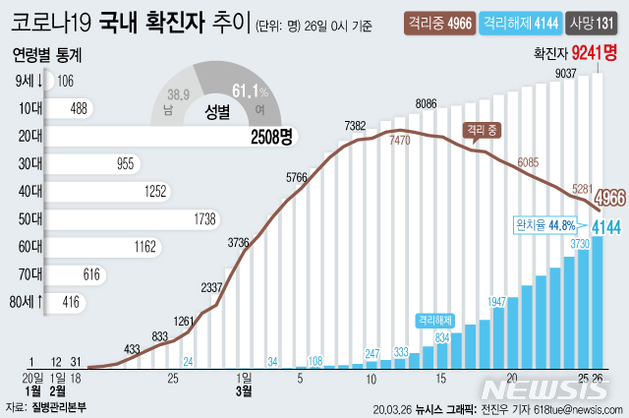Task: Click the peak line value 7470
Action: pyautogui.click(x=399, y=142)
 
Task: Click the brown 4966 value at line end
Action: pyautogui.click(x=610, y=194)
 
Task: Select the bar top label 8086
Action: pyautogui.click(x=427, y=103)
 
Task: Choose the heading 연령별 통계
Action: pyautogui.click(x=47, y=55)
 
